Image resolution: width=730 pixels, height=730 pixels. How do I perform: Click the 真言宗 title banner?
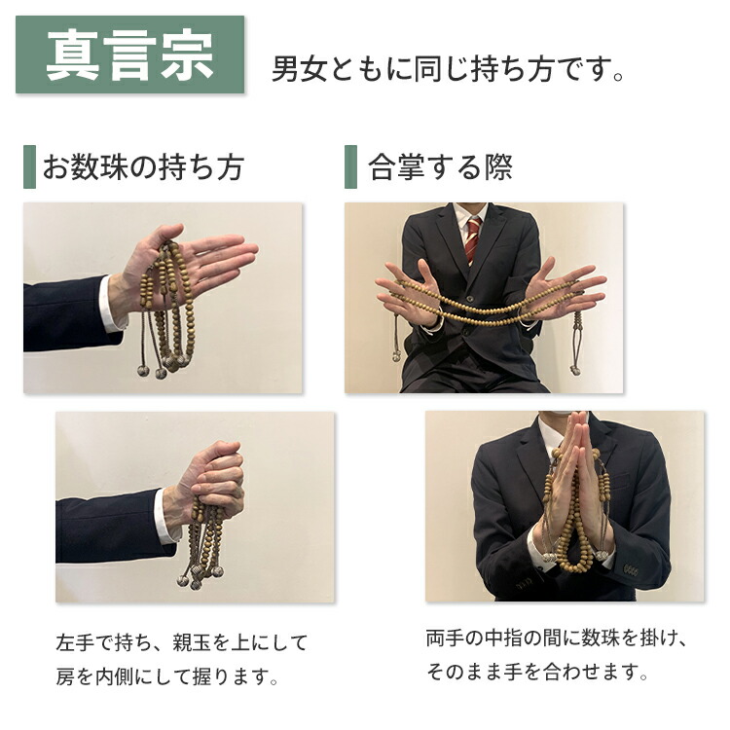[x=129, y=55]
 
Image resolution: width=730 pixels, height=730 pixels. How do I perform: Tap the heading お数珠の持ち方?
[x=142, y=167]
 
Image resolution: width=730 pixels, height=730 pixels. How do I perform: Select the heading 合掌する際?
[x=440, y=167]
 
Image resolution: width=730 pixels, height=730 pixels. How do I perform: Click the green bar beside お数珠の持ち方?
[x=29, y=167]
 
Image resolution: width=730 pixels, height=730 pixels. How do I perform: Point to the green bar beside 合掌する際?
[x=350, y=167]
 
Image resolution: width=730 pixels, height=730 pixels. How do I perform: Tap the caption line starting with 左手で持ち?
[x=182, y=643]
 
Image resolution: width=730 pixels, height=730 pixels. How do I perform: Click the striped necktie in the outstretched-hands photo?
[x=472, y=239]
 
